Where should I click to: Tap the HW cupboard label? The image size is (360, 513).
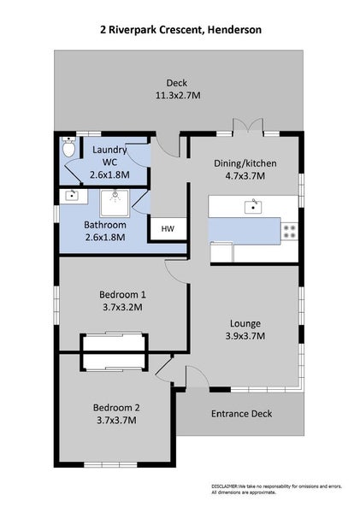pos(168,228)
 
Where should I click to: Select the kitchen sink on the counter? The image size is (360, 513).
pos(253,207)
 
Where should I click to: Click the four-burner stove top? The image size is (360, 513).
pos(290,231)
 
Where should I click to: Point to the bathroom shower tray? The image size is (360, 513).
pos(115,203)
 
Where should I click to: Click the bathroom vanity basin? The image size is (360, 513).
pos(72,196)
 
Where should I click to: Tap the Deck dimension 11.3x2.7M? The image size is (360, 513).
pos(177,96)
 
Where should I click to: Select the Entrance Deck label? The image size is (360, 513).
pos(241,414)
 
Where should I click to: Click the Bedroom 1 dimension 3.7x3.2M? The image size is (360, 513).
pos(122,307)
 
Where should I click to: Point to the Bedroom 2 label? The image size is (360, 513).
pos(116,408)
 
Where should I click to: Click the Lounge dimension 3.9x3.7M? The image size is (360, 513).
pos(245,336)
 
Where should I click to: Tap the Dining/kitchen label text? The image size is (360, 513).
pos(245,163)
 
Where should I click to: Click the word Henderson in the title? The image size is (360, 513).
pos(234,30)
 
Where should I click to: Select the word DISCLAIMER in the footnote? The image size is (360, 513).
pos(225,486)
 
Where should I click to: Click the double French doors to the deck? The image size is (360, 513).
pos(248,126)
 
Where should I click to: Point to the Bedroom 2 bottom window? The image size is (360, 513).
pos(110,464)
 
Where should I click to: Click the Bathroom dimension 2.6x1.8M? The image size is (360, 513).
pos(105,237)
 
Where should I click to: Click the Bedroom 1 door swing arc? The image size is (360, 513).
pos(175,270)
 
